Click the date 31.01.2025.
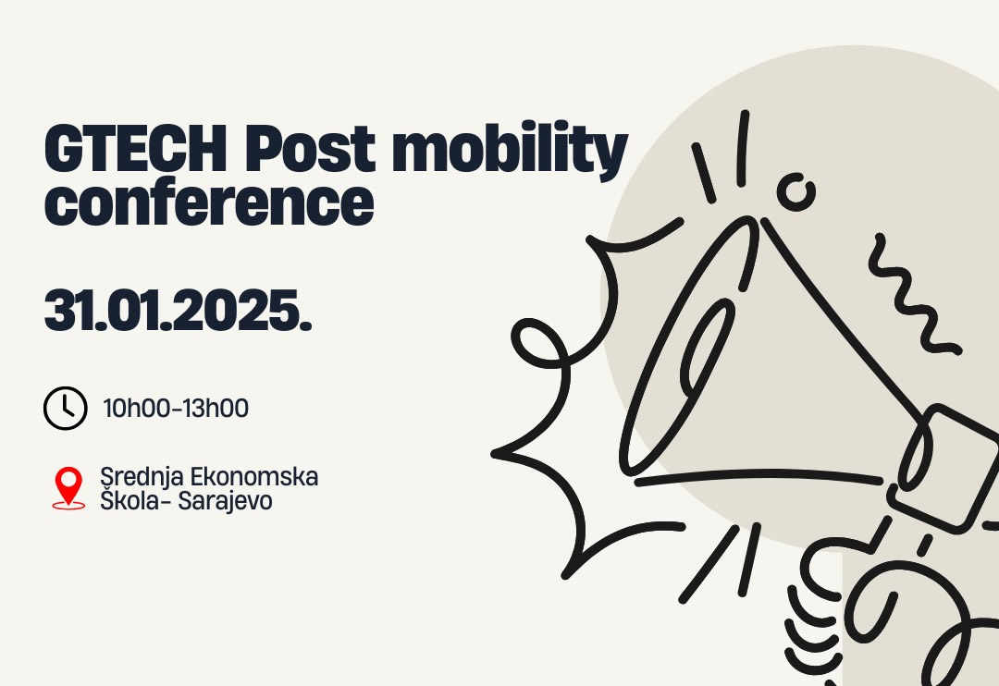pos(178,313)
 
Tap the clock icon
pos(65,408)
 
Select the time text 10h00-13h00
pos(176,408)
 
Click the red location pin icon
pos(68,486)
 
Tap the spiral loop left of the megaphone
pos(540,350)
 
